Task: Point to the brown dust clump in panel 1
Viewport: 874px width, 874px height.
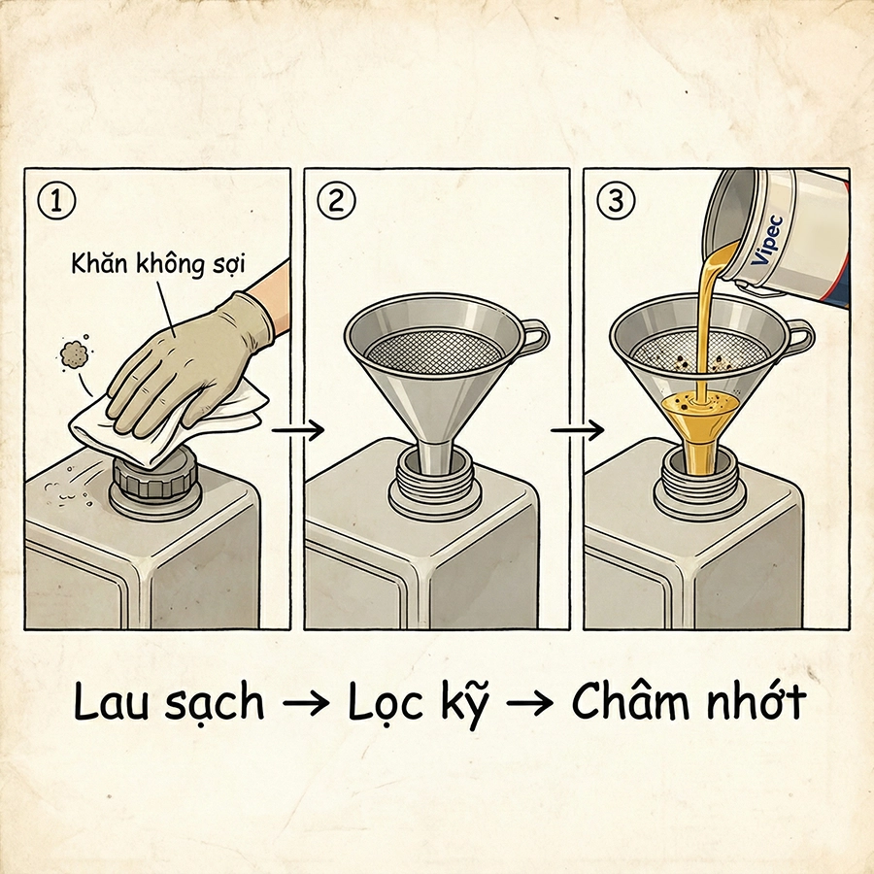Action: pyautogui.click(x=73, y=355)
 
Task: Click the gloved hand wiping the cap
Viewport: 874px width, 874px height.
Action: pyautogui.click(x=185, y=354)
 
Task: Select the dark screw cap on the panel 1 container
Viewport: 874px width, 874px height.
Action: pyautogui.click(x=154, y=478)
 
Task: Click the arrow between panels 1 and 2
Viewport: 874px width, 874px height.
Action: pyautogui.click(x=297, y=430)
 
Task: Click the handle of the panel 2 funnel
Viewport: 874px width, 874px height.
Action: pyautogui.click(x=533, y=336)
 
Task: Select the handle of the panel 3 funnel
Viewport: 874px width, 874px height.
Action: pyautogui.click(x=798, y=337)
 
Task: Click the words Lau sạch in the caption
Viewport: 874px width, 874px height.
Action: pyautogui.click(x=169, y=704)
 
